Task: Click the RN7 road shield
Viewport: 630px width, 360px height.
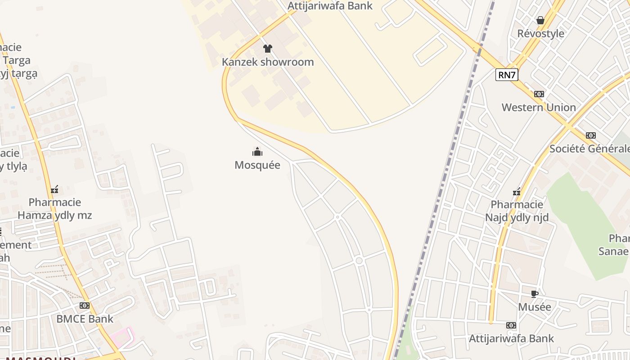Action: (x=507, y=75)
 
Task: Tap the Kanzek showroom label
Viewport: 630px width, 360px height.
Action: (x=268, y=62)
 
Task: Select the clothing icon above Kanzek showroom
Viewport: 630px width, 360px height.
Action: (x=268, y=49)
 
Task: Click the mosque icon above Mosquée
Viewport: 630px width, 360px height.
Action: (x=257, y=152)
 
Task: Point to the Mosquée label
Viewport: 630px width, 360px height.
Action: (x=257, y=165)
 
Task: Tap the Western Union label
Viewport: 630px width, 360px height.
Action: (x=539, y=108)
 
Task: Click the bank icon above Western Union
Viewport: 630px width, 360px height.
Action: (x=539, y=94)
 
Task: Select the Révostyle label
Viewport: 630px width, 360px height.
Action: (x=540, y=34)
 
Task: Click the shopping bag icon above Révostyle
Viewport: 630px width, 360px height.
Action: (x=540, y=20)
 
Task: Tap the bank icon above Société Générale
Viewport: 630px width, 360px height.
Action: (x=591, y=135)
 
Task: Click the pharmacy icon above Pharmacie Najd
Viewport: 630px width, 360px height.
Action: (x=517, y=192)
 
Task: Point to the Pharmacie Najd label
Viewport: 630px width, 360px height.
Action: (x=517, y=211)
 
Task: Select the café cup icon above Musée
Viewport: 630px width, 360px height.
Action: (x=534, y=294)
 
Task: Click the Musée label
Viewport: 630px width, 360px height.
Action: (x=534, y=307)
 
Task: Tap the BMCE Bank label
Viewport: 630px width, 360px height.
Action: (x=85, y=319)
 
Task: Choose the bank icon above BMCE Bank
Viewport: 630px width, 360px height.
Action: (x=85, y=306)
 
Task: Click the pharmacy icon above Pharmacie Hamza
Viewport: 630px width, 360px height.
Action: (x=54, y=189)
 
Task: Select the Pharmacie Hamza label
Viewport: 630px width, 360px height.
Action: (x=54, y=209)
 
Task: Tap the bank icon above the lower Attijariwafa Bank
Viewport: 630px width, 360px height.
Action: (x=511, y=325)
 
